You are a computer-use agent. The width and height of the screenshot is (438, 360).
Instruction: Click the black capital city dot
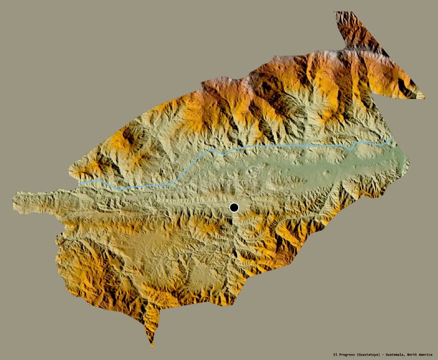click(234, 207)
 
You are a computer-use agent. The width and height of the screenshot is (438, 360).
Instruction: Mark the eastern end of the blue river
click(391, 138)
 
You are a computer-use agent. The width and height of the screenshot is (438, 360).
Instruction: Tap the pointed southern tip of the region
click(152, 345)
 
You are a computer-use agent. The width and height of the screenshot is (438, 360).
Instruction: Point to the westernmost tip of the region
click(13, 202)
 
